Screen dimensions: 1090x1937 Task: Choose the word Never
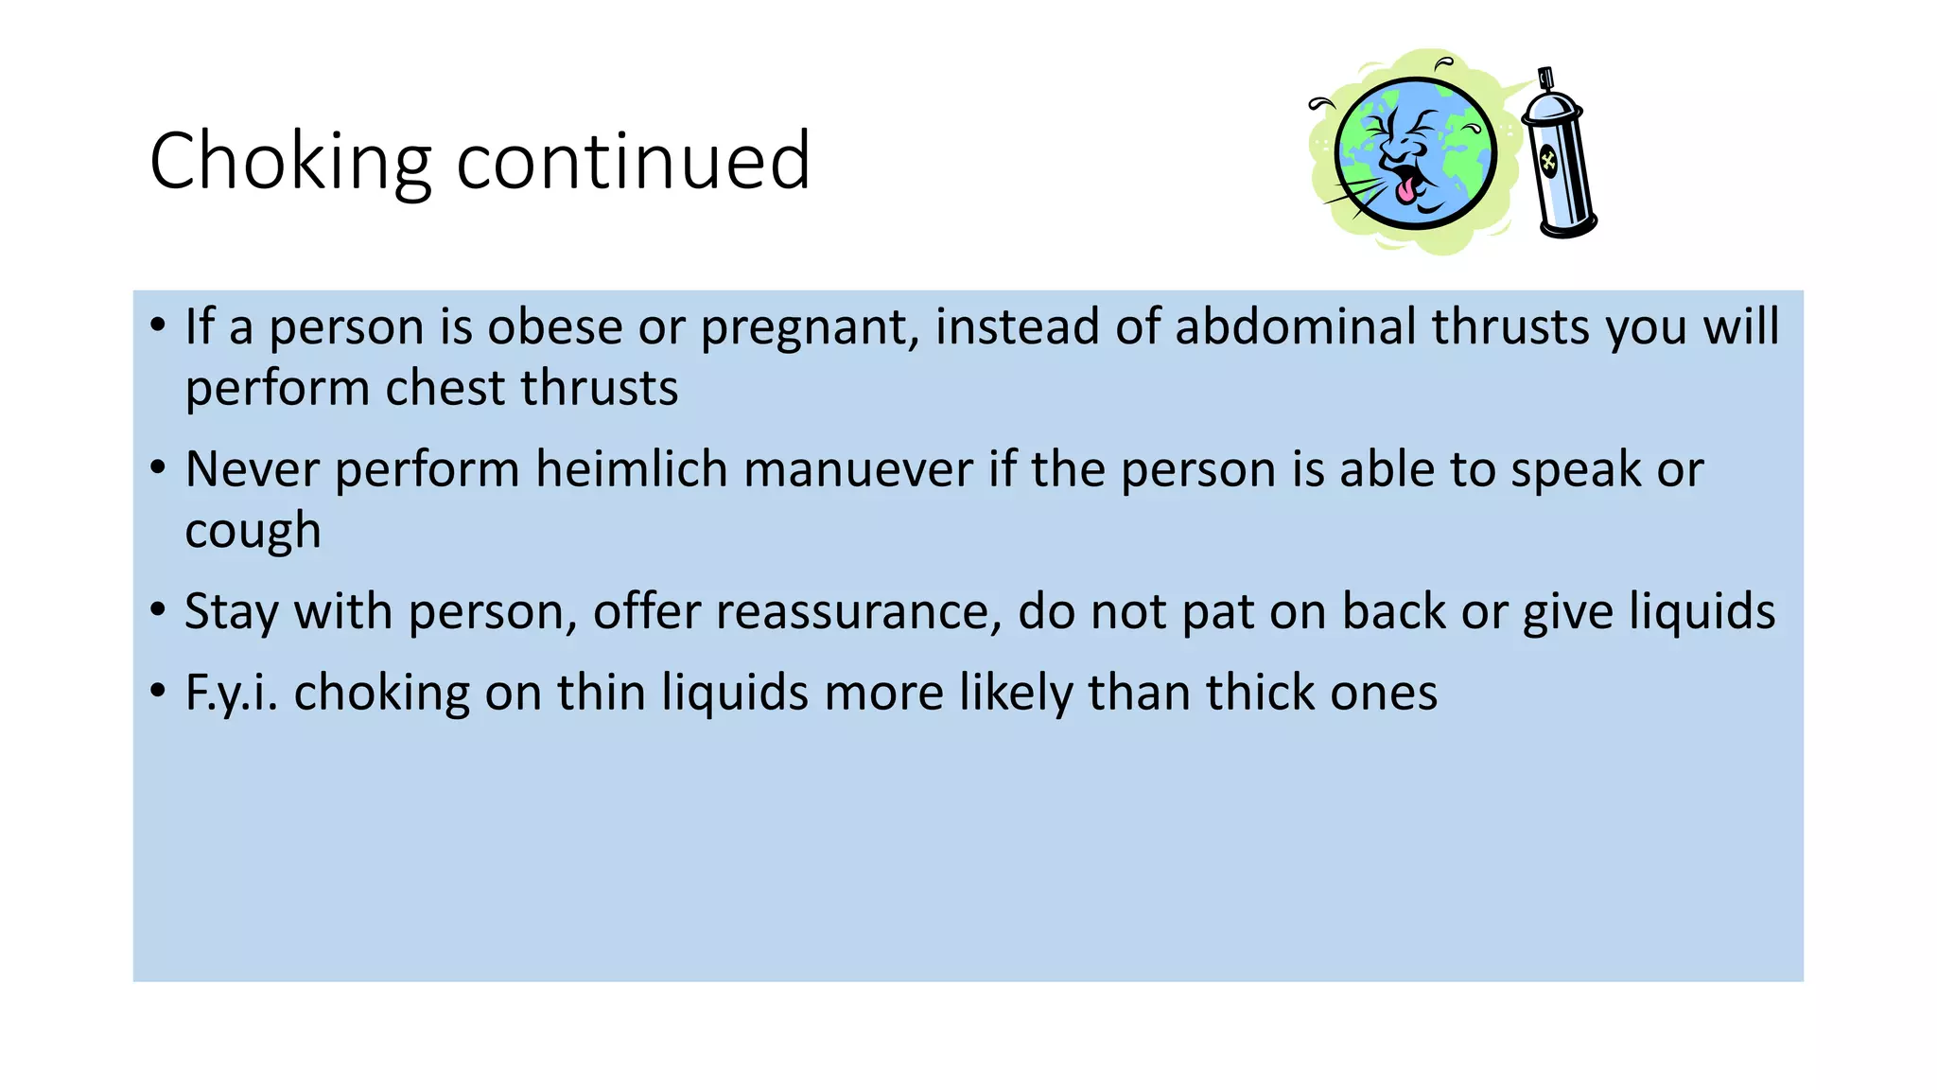(x=252, y=469)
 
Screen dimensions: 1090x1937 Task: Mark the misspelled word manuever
(x=858, y=470)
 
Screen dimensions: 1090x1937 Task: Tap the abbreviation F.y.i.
(x=231, y=694)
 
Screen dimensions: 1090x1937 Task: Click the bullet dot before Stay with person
(x=158, y=609)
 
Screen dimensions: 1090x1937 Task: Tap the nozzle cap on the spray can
(x=1546, y=79)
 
